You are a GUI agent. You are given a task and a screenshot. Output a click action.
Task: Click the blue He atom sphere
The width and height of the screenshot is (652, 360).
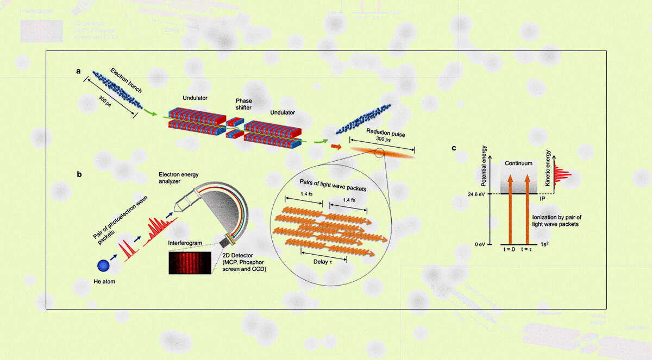(x=103, y=266)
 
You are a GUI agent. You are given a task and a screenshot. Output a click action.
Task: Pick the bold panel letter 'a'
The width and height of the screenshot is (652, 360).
(x=79, y=71)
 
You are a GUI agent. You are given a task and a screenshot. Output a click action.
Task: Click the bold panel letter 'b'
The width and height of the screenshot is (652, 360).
(x=80, y=175)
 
